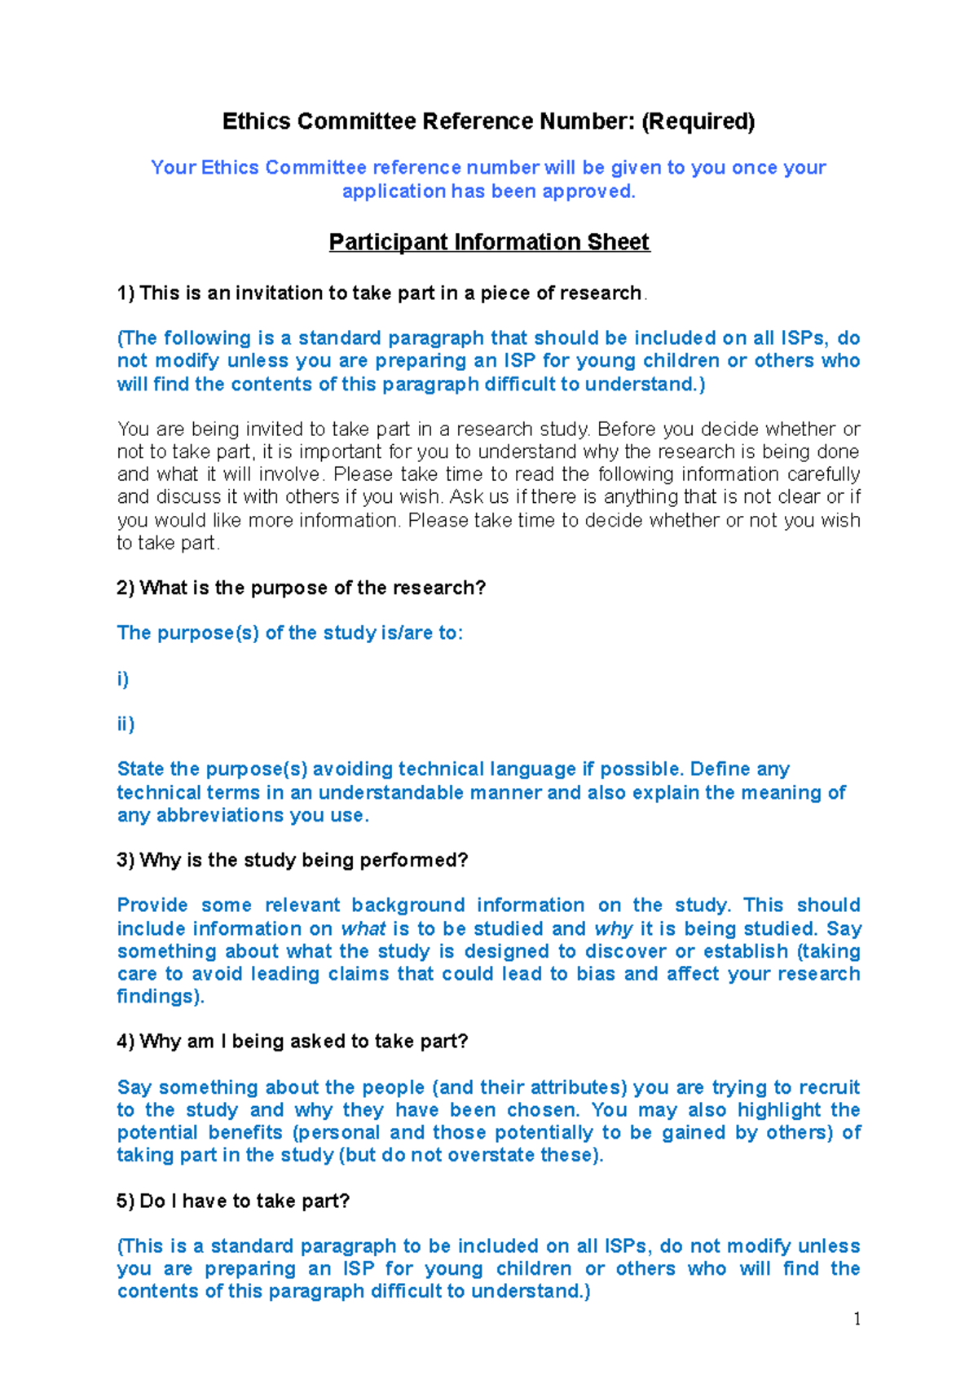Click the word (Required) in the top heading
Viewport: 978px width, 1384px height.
tap(698, 121)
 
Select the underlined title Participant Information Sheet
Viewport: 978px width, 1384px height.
tap(489, 242)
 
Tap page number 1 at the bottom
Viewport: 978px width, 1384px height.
tap(857, 1319)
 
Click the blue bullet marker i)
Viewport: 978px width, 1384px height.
tap(123, 679)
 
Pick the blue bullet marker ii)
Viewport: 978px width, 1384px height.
tap(126, 724)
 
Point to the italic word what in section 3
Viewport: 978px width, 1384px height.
tap(363, 928)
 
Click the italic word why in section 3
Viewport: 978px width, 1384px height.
tap(613, 928)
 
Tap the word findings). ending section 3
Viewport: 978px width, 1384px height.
tap(161, 996)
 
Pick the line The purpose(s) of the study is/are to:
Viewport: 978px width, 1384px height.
tap(289, 632)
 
